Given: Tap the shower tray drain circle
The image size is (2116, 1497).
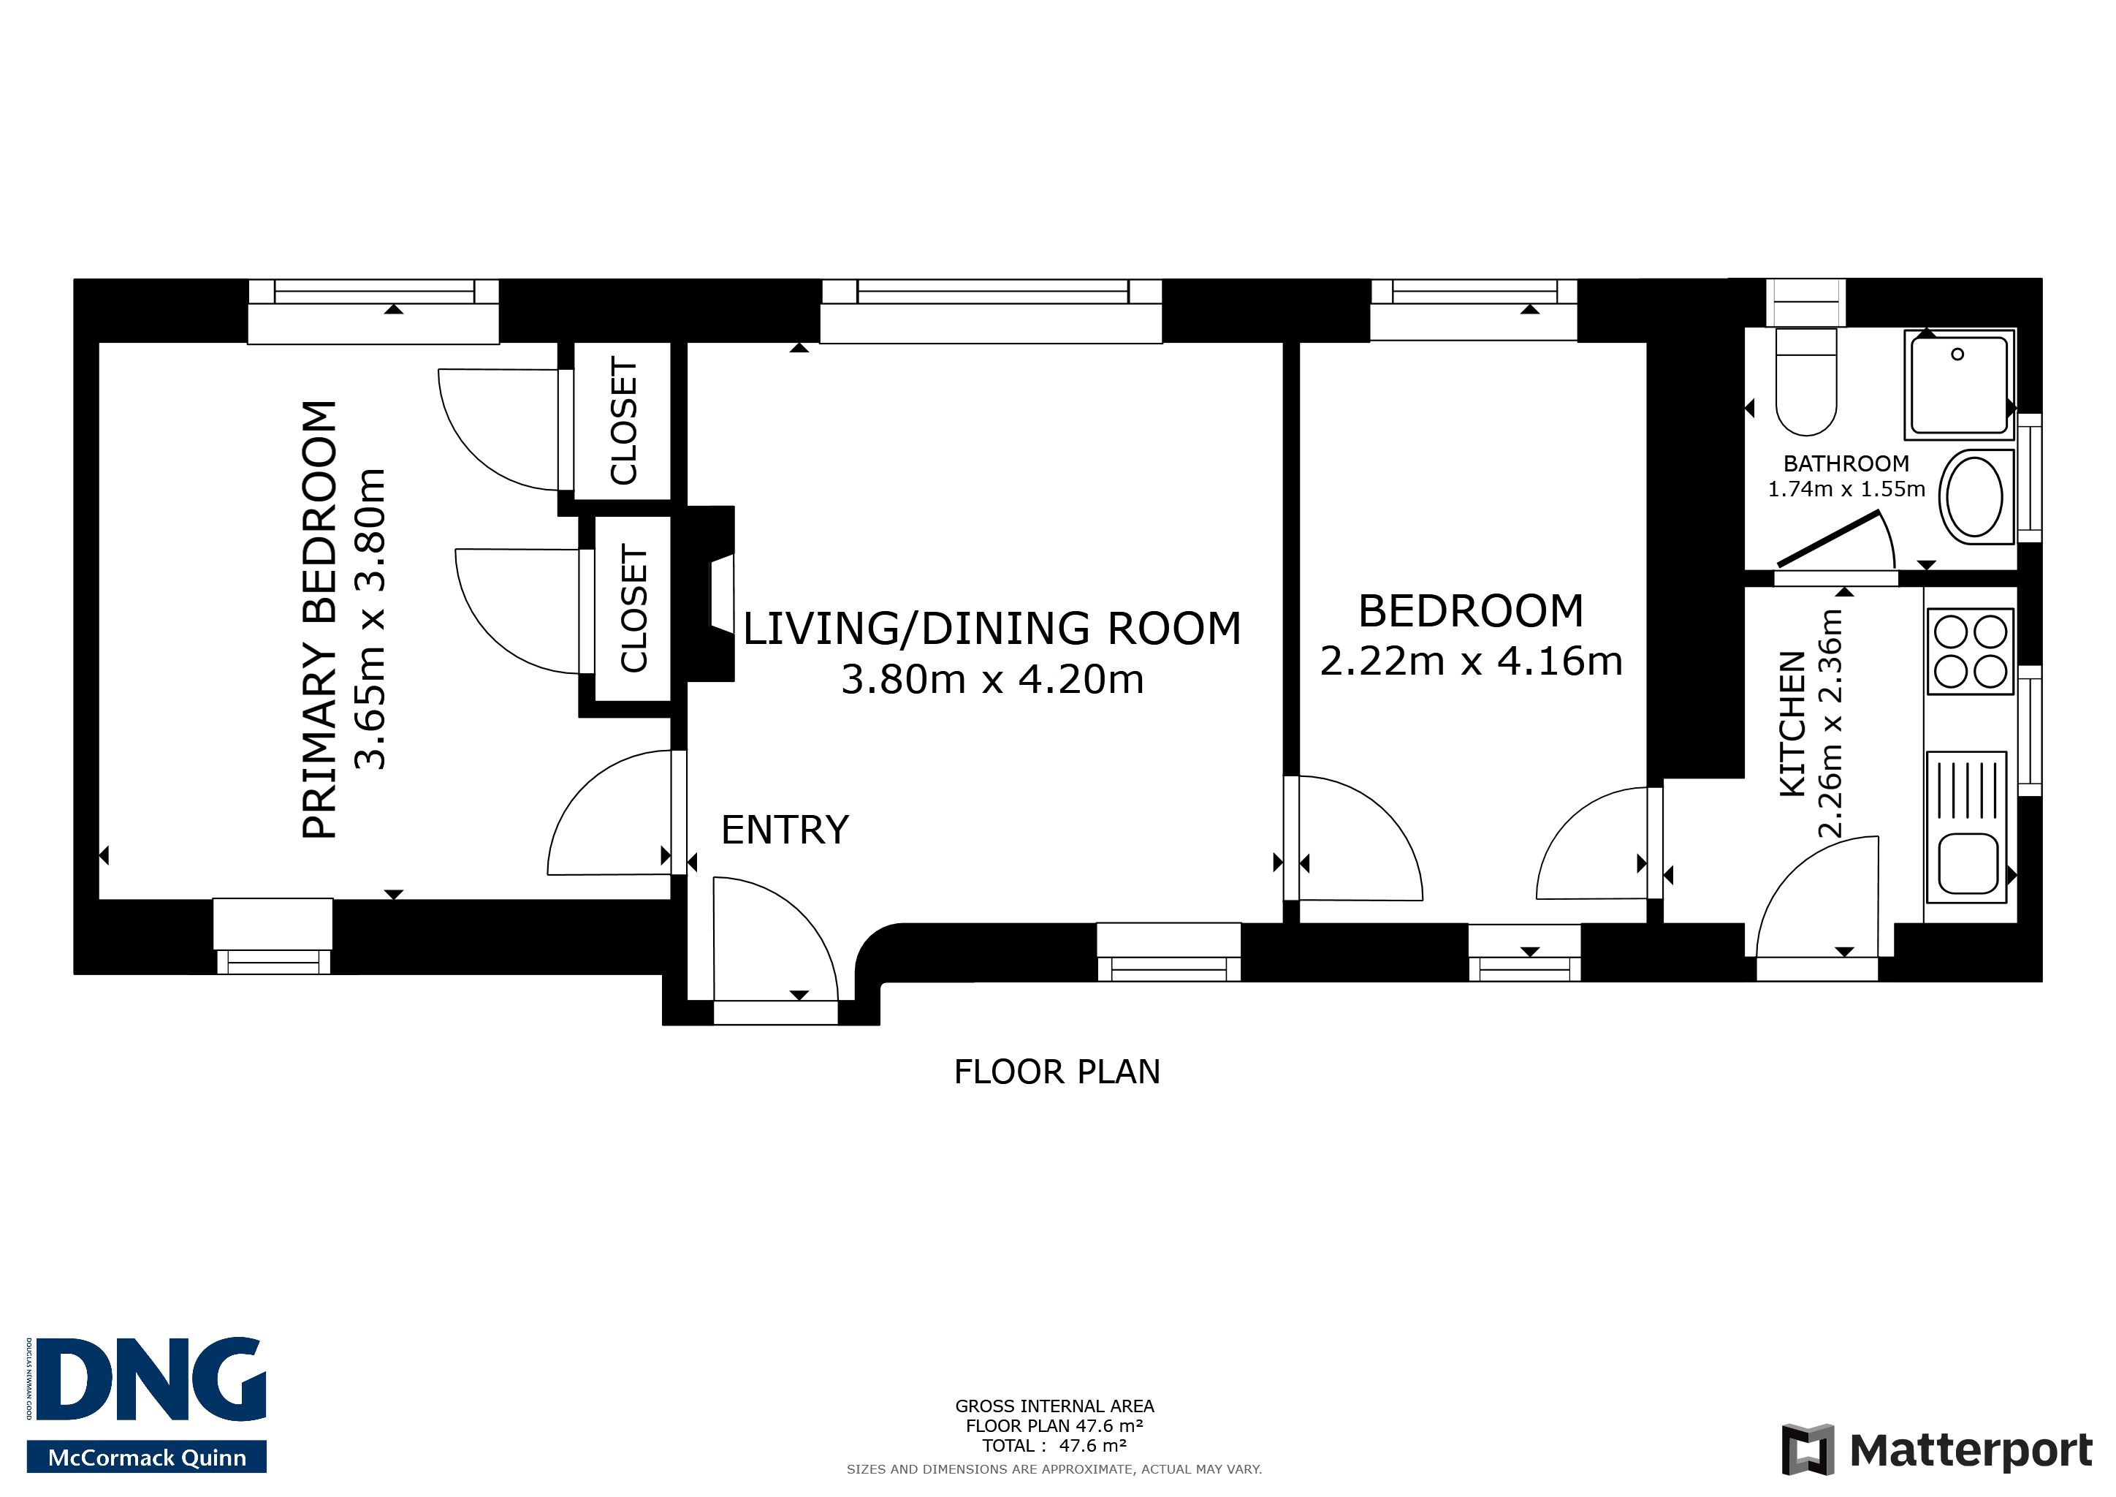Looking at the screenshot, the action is tap(1957, 354).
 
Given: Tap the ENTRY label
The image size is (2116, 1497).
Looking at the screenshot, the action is tap(784, 830).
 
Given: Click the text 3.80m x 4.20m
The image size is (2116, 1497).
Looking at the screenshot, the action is tap(992, 679).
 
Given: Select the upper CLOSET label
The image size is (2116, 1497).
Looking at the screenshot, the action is tap(624, 420).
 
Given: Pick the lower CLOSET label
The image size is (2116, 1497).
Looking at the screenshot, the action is tap(634, 608).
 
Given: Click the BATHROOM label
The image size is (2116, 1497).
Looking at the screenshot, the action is tap(1846, 463).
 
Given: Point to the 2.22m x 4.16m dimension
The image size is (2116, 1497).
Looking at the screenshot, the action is tap(1471, 661).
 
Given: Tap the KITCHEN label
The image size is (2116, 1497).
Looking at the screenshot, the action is tap(1792, 724).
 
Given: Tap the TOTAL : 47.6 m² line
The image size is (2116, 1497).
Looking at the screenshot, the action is tap(1054, 1445).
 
